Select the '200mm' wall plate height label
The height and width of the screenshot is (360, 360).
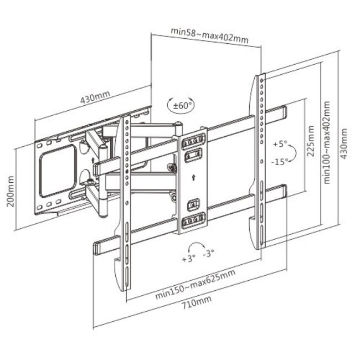9,191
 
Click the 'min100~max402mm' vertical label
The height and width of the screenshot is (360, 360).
327,142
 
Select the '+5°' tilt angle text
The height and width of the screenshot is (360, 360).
280,144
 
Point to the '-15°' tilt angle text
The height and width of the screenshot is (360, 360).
280,161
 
